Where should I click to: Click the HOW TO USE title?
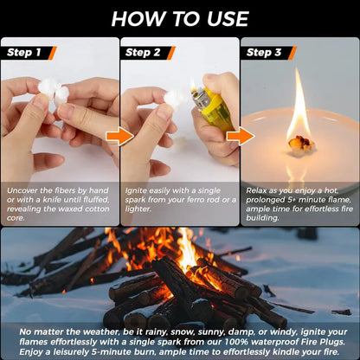tap(180, 18)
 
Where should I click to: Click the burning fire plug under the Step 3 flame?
tap(300, 143)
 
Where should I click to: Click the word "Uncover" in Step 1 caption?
tap(22, 187)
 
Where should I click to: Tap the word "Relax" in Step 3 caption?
tap(258, 187)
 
